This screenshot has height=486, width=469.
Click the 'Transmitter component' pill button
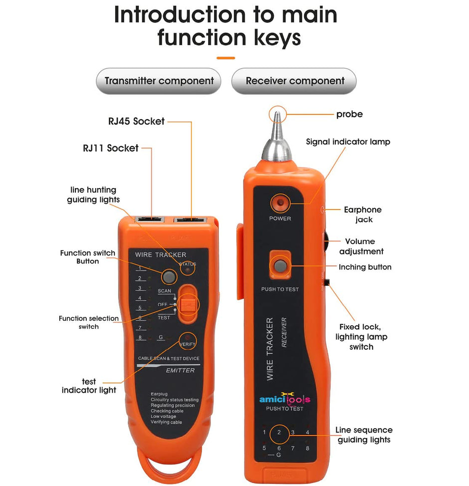click(159, 81)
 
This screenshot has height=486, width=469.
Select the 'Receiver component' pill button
click(294, 81)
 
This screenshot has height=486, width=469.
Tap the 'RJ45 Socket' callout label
click(136, 121)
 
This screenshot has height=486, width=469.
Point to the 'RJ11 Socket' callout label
click(110, 148)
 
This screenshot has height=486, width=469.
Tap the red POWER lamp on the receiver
click(279, 203)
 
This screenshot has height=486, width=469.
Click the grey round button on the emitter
click(169, 276)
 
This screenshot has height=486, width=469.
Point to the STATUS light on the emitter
click(188, 270)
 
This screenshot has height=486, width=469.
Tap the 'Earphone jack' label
click(363, 215)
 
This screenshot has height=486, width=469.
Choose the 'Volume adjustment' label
click(360, 246)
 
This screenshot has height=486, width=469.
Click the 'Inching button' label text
click(365, 267)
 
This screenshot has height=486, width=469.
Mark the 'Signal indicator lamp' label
click(348, 142)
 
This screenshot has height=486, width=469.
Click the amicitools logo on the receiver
click(284, 399)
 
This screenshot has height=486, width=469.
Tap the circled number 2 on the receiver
click(279, 432)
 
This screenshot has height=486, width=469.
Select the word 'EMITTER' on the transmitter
click(180, 370)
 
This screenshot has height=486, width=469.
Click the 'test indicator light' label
click(89, 386)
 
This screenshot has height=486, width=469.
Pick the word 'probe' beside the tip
click(349, 114)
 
